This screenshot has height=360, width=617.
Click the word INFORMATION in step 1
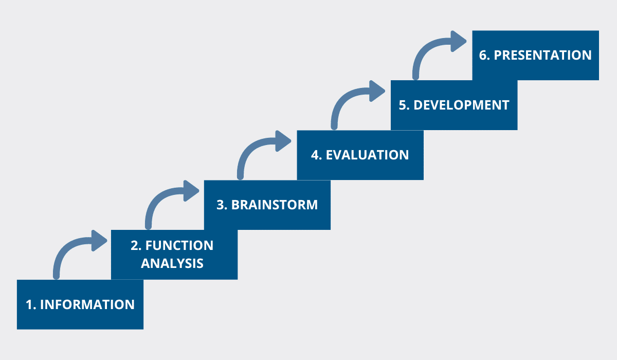tap(87, 304)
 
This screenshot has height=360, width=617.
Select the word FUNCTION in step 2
tap(179, 245)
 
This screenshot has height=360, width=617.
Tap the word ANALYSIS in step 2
tap(172, 263)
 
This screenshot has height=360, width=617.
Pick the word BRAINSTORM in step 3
tap(275, 205)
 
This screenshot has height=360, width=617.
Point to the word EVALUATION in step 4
tap(368, 155)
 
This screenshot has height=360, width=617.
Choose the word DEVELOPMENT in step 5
tap(461, 105)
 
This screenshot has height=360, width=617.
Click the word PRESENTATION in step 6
tap(542, 55)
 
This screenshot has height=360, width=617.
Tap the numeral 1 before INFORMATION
tap(29, 304)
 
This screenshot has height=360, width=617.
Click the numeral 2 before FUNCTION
tap(134, 245)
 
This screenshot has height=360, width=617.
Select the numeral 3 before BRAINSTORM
tap(220, 205)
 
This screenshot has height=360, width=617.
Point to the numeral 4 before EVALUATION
tap(315, 155)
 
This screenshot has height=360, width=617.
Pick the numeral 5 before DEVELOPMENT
tap(403, 105)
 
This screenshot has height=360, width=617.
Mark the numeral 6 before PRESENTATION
tap(483, 55)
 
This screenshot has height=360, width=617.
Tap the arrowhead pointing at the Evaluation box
tap(283, 141)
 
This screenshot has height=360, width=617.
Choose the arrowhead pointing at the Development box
tap(377, 91)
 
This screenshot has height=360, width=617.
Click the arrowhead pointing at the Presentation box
tap(458, 41)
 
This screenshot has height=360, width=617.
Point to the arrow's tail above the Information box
tap(56, 276)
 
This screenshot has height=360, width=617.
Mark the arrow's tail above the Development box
tap(415, 76)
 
